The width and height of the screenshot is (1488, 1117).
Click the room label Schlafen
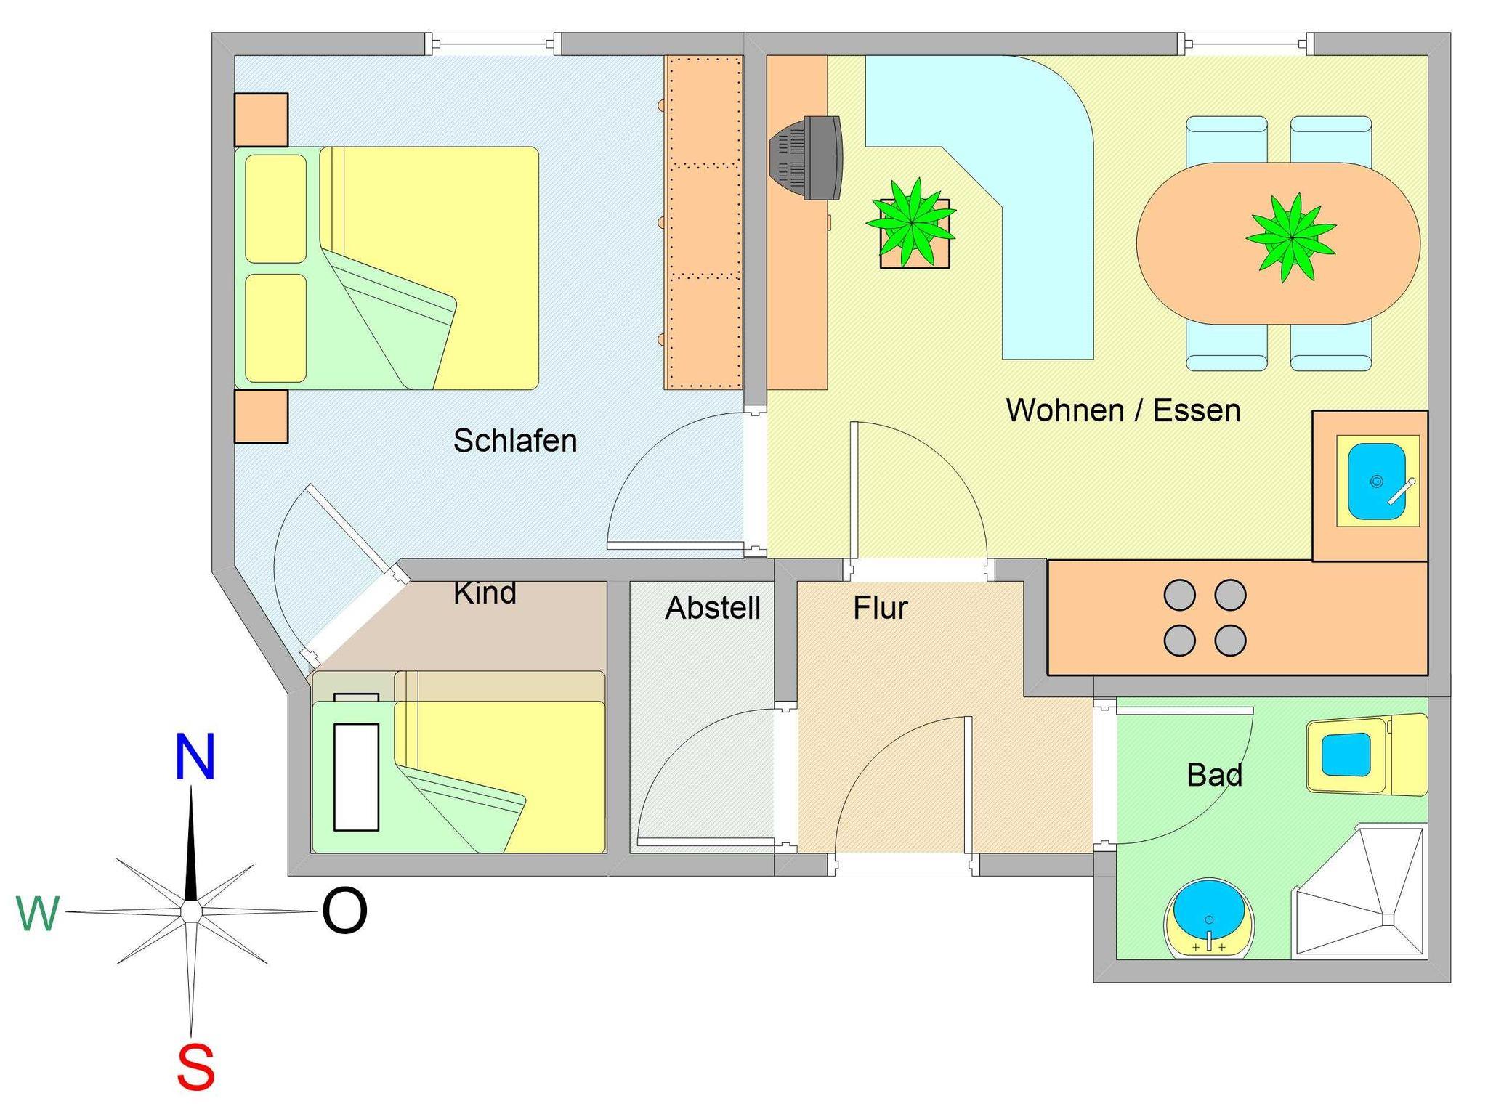coord(515,441)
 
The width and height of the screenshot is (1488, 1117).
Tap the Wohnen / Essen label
coord(1123,410)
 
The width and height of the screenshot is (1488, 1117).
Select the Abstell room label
coord(713,608)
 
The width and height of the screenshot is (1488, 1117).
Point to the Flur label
coord(881,608)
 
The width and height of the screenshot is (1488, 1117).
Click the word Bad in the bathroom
coord(1214,775)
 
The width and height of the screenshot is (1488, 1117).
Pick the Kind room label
coord(485,593)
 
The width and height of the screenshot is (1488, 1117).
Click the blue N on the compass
coord(195,757)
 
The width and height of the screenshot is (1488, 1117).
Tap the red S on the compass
coord(196,1067)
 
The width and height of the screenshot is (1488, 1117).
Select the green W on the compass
coord(38,913)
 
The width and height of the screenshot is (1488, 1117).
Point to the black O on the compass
coord(344,911)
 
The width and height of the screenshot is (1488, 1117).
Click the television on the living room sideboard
coord(806,158)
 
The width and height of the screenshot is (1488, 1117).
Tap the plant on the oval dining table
coord(1291,237)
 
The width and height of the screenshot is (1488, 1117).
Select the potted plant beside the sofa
coord(911,222)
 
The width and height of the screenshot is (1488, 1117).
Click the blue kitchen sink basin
coord(1377,481)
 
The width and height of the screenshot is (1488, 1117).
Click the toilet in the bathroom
coord(1366,755)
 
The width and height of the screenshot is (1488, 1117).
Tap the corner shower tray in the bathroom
coord(1359,891)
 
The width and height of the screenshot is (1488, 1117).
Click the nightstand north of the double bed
coord(261,120)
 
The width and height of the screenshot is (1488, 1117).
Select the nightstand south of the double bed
coord(261,416)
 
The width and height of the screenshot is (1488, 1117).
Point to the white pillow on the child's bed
coord(356,776)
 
